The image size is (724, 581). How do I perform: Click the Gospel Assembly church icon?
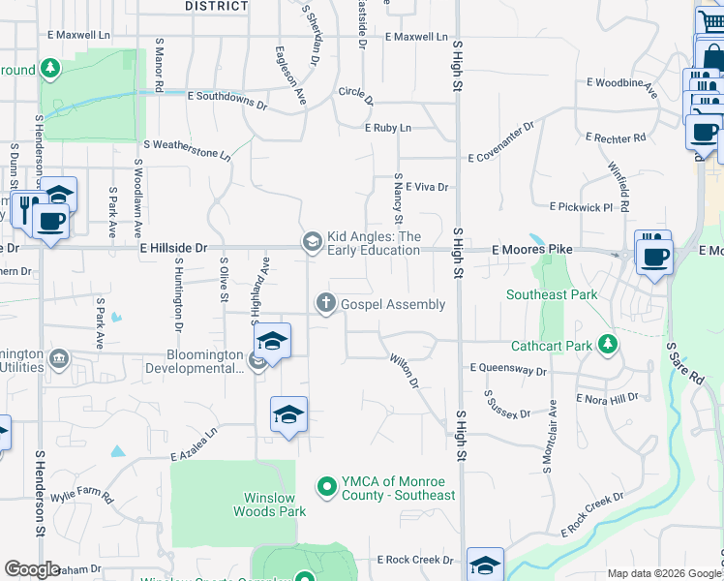pyautogui.click(x=326, y=304)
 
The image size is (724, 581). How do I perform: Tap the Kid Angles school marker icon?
pyautogui.click(x=312, y=242)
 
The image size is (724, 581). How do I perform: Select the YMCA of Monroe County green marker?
pyautogui.click(x=326, y=486)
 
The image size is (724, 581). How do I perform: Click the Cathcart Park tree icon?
pyautogui.click(x=607, y=344)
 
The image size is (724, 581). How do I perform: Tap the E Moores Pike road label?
pyautogui.click(x=531, y=250)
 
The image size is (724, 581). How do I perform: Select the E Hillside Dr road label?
pyautogui.click(x=173, y=248)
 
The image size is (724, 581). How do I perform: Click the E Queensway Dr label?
pyautogui.click(x=508, y=369)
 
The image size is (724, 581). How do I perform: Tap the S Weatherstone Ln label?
pyautogui.click(x=188, y=148)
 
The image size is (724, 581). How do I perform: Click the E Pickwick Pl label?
pyautogui.click(x=581, y=207)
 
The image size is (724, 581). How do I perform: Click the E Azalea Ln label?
pyautogui.click(x=194, y=448)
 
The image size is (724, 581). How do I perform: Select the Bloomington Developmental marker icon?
pyautogui.click(x=258, y=361)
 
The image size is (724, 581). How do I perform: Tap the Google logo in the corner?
pyautogui.click(x=32, y=569)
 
